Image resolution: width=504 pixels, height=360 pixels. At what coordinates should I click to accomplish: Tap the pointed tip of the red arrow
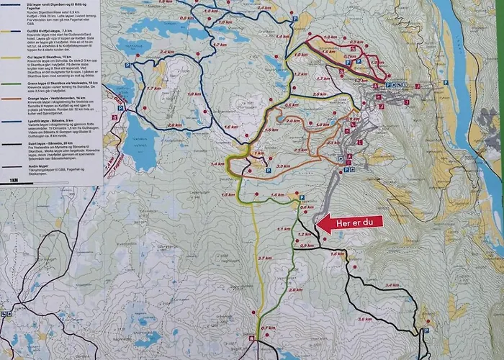(x=318, y=224)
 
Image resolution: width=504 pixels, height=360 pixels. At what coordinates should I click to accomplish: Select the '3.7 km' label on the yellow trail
(x=264, y=257)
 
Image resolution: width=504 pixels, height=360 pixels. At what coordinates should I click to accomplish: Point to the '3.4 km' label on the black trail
(x=392, y=285)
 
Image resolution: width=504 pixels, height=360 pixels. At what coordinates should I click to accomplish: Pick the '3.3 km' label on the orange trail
(x=283, y=166)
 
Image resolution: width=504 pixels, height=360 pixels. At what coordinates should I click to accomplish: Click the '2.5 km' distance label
(x=320, y=94)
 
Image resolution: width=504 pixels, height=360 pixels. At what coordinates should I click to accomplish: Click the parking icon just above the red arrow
(x=302, y=198)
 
